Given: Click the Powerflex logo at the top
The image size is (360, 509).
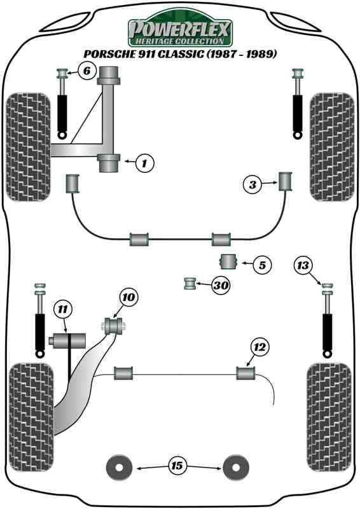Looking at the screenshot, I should coord(180,29).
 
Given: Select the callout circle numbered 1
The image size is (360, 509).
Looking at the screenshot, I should coord(144,164).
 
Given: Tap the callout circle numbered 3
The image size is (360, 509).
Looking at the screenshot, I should coord(253,185).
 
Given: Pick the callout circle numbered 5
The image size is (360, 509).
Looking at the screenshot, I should coord(261,263).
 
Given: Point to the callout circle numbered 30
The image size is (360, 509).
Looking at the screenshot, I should coord(220,286).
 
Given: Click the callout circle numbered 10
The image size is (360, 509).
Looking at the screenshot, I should coord(128,296).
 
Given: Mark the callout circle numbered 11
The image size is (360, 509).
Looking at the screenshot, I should coord(62,310).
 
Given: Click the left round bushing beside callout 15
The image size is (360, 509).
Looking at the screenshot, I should coord(118,468).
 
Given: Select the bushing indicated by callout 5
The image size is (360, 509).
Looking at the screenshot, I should coord(228,261).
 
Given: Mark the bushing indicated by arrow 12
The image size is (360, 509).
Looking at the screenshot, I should coord(246,372).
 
